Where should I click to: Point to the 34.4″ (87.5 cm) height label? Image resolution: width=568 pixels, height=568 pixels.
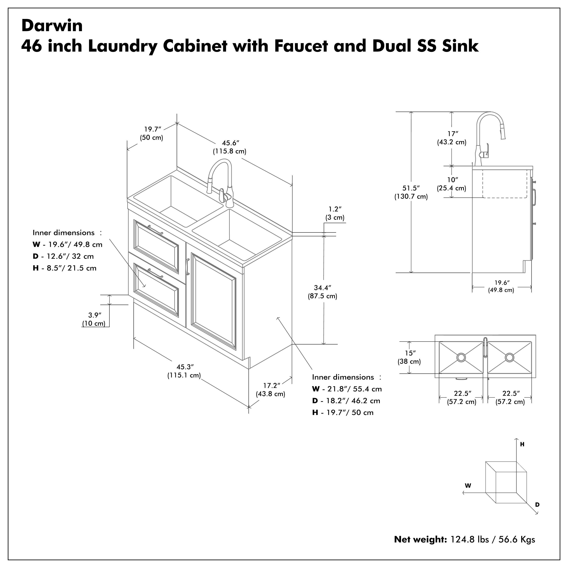322,292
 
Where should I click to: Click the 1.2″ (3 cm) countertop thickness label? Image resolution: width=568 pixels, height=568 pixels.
335,213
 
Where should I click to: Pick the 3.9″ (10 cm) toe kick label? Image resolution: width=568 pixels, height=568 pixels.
94,319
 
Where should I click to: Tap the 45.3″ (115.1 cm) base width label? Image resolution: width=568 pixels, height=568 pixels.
184,371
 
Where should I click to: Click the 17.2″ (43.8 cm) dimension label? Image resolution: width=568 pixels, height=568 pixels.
271,389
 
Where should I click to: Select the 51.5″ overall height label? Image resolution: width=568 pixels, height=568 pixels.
411,192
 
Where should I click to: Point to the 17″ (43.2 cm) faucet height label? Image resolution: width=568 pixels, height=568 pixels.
452,138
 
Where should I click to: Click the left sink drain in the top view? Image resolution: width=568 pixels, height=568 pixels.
461,357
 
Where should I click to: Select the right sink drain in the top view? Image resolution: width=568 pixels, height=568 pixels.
509,357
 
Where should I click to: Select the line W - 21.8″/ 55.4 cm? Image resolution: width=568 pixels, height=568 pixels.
347,389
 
